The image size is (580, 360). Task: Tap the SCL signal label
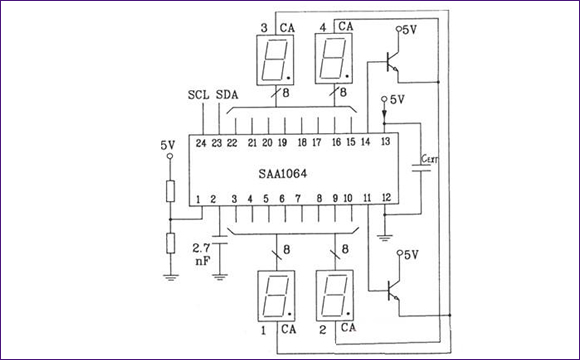[198, 96]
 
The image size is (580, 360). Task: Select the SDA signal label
[228, 96]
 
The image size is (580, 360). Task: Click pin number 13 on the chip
[386, 144]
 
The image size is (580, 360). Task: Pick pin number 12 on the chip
[386, 200]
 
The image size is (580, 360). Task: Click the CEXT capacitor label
[430, 157]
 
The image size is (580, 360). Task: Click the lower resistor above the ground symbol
[171, 244]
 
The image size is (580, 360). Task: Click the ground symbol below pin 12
[386, 236]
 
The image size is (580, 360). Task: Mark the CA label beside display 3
[288, 26]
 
